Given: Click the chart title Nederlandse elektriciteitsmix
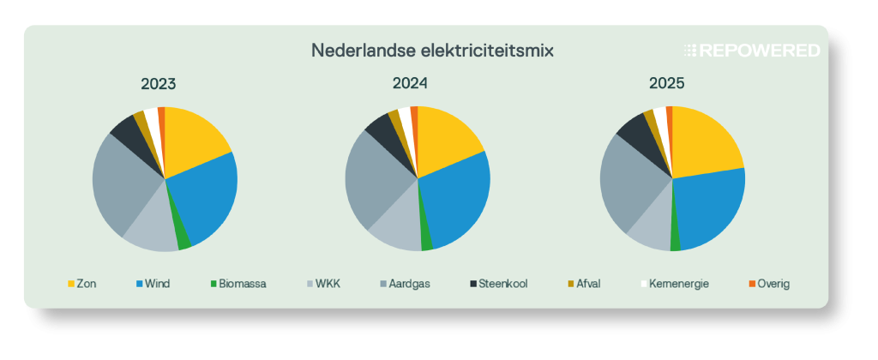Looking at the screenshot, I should click(432, 51).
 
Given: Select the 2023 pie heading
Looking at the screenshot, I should click(159, 84).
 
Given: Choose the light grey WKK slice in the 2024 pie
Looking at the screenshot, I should click(393, 227).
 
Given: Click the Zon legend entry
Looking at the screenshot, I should click(81, 284).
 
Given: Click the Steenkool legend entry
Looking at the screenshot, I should click(498, 284).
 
